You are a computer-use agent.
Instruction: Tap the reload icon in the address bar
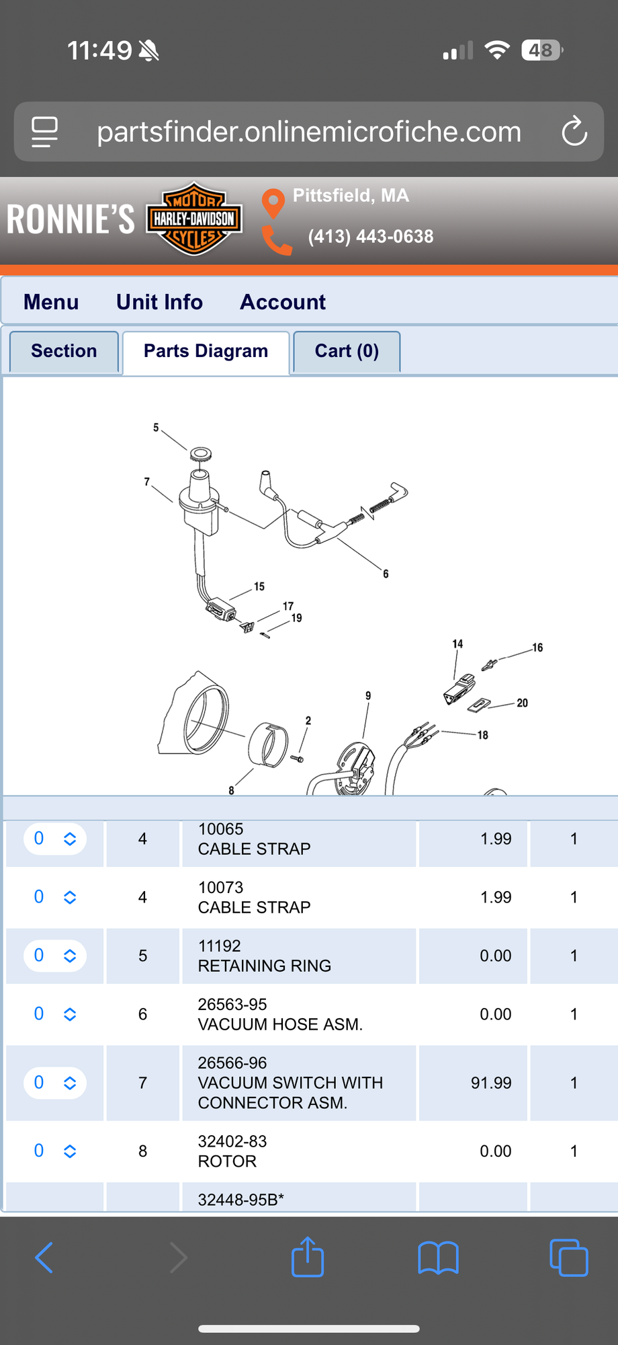574,131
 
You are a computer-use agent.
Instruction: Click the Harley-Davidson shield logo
194,219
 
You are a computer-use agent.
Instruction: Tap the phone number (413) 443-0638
371,237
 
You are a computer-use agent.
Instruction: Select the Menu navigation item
51,302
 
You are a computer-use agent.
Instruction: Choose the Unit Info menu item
159,302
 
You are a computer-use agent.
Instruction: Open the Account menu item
283,302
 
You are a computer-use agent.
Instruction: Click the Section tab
64,351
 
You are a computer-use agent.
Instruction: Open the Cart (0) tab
347,351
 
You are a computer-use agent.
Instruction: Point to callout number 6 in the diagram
386,574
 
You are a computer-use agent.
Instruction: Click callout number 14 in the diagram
457,644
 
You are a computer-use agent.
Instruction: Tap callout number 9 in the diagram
368,695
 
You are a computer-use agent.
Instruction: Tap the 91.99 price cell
491,1083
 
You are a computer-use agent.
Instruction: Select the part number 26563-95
232,1004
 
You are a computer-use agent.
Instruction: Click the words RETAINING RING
265,966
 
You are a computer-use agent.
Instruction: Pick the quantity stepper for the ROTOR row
55,1151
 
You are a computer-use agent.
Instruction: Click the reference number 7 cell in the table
142,1083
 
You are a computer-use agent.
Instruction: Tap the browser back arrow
44,1257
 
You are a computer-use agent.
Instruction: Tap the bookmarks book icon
438,1258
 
